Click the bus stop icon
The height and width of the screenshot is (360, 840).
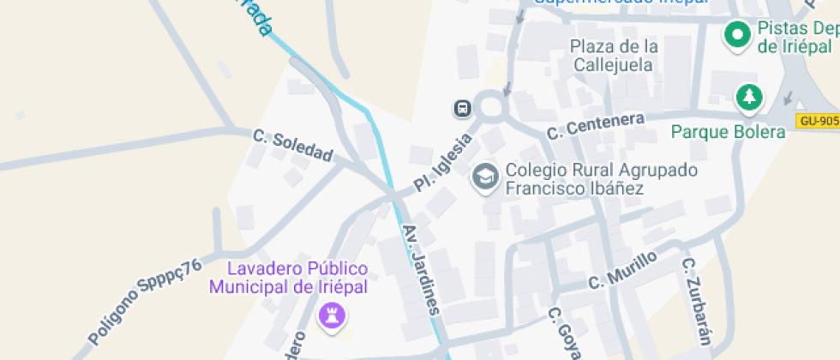point(462,108)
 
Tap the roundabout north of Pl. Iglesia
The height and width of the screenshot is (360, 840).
point(491,107)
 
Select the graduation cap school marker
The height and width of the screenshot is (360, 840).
point(486,178)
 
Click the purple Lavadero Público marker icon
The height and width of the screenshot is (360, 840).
point(331,315)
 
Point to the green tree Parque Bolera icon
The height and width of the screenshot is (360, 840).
point(750,97)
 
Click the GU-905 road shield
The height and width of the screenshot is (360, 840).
point(818,121)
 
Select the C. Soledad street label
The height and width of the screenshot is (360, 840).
point(293,145)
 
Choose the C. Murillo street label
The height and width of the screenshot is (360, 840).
point(622,269)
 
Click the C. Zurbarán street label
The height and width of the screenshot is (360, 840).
point(696,300)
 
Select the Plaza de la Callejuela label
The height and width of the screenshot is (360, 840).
point(615,55)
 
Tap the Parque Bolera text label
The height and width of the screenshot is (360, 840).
point(728,132)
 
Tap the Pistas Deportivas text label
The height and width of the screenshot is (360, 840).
point(796,38)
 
